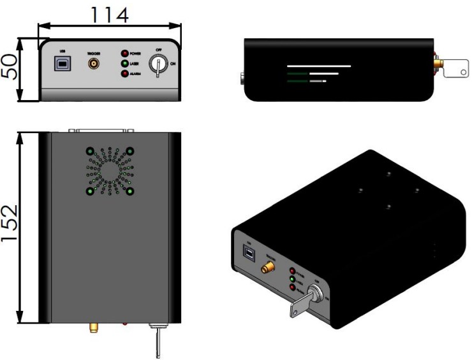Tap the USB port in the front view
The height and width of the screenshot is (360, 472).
(62, 64)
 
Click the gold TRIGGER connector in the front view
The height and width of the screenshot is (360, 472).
(94, 64)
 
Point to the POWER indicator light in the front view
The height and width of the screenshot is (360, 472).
(125, 54)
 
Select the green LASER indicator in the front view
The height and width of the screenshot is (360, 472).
(125, 64)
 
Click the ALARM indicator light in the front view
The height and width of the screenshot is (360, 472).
(125, 74)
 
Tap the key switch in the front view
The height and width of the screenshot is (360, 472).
(157, 64)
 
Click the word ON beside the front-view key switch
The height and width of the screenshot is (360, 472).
(174, 64)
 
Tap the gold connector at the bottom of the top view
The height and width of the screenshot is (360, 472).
(92, 328)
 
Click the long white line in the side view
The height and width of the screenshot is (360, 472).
(318, 66)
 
